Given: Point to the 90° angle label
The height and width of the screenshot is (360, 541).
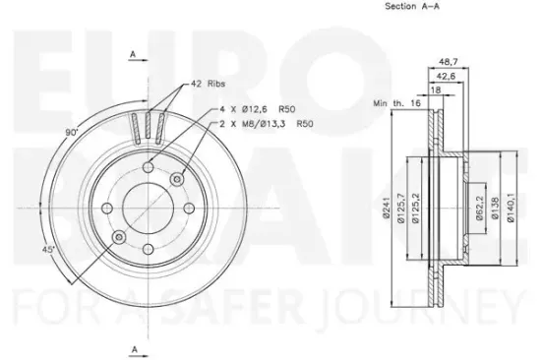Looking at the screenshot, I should [71, 131].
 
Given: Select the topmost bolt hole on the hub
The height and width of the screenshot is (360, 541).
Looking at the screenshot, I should [148, 167].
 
